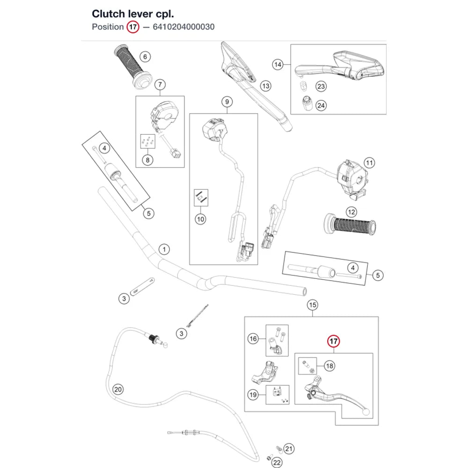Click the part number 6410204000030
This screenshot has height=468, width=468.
pos(183,27)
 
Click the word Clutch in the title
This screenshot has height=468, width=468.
pos(109,14)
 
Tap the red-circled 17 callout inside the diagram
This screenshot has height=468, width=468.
pos(333,341)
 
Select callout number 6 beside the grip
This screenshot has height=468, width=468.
pos(145,57)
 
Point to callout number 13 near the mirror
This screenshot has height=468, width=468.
pos(265,86)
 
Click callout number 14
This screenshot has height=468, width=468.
pos(278,65)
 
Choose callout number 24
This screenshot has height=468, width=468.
pos(321,106)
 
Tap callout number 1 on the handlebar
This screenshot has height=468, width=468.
pos(164,249)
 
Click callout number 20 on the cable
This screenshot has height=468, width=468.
pos(118,389)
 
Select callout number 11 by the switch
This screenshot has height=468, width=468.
pos(370,163)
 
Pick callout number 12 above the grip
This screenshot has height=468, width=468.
pos(351,212)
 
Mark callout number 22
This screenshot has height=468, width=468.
pos(277,463)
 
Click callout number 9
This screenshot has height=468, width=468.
pos(227,102)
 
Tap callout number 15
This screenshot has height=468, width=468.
pos(313,305)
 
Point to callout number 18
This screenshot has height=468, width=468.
pos(329,366)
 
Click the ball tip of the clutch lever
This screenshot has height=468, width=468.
pos(366,412)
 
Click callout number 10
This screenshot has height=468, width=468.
pos(200,219)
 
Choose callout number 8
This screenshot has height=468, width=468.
pos(147,160)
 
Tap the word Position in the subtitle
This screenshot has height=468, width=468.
pos(108,27)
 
